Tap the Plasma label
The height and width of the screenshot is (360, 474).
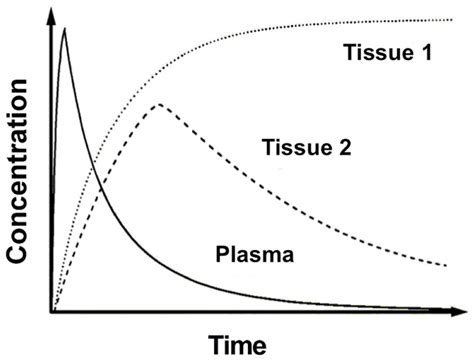pyautogui.click(x=254, y=255)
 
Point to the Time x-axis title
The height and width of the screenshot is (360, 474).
pyautogui.click(x=237, y=343)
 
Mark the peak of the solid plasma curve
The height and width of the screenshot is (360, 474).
pyautogui.click(x=65, y=29)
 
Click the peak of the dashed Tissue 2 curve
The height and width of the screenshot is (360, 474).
pyautogui.click(x=158, y=104)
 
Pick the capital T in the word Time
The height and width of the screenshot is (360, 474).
pyautogui.click(x=215, y=343)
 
